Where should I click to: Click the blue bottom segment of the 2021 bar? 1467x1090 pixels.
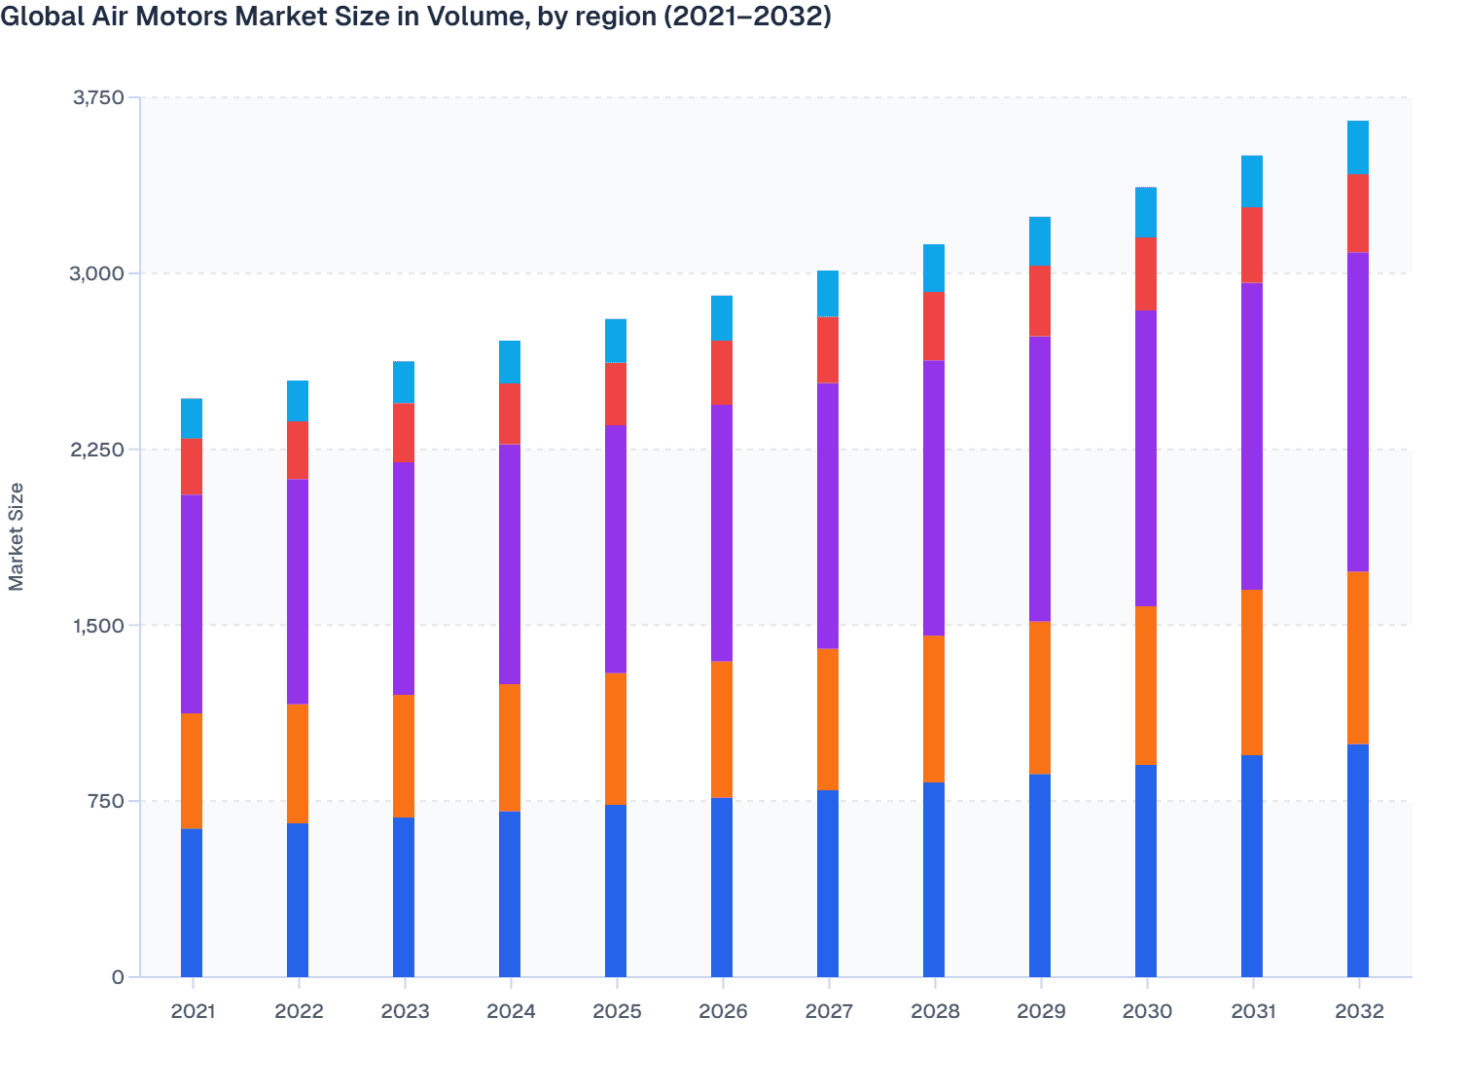pos(192,902)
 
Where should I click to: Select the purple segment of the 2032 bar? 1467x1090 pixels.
pos(1357,412)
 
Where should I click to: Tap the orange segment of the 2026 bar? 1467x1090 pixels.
pos(722,729)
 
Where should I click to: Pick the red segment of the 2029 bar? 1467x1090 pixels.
pos(1040,301)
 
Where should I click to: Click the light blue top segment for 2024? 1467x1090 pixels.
pos(510,362)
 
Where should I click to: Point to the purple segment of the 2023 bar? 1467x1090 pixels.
pos(404,578)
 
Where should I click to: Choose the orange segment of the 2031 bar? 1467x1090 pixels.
pos(1251,672)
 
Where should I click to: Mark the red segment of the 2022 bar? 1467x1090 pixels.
pos(298,450)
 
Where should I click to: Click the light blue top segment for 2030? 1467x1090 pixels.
pos(1146,212)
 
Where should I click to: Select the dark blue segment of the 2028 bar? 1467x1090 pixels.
pos(934,879)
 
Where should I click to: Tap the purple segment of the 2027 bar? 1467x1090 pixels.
pos(828,515)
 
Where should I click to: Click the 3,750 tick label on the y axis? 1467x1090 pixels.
pos(98,97)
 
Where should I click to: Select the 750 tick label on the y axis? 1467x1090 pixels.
pos(106,801)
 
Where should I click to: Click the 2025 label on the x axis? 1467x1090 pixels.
pos(617,1011)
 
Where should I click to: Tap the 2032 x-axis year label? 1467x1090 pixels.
pos(1358,1011)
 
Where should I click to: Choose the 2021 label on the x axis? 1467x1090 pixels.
pos(193,1011)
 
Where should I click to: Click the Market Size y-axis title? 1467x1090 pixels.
pos(17,536)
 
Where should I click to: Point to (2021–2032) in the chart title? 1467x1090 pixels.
pos(747,17)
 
